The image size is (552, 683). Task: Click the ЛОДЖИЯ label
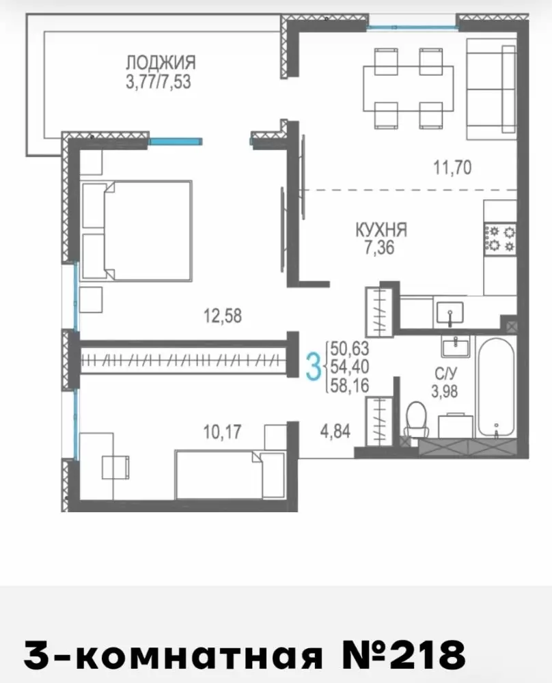click(161, 63)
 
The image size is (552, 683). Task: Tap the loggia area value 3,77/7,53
click(158, 82)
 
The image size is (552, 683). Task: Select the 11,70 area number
click(452, 167)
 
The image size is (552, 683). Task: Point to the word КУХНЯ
click(381, 229)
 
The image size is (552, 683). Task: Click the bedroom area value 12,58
click(223, 316)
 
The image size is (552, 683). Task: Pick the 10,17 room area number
click(222, 432)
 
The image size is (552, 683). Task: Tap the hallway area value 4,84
click(335, 432)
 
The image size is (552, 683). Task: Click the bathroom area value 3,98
click(445, 391)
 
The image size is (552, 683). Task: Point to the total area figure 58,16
click(349, 385)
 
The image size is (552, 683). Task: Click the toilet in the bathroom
click(417, 420)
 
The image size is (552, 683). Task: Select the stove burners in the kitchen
click(501, 239)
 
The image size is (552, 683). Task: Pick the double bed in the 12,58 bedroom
click(137, 231)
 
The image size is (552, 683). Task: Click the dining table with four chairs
click(409, 88)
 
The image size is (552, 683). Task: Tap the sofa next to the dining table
click(491, 89)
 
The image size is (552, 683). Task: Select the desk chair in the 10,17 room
click(115, 467)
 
